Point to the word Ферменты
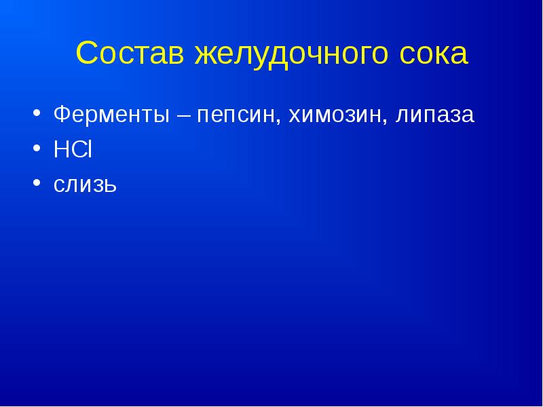[111, 115]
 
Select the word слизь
[86, 186]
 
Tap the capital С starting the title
[87, 54]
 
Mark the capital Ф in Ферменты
[62, 115]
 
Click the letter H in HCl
[60, 150]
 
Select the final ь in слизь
[111, 186]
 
